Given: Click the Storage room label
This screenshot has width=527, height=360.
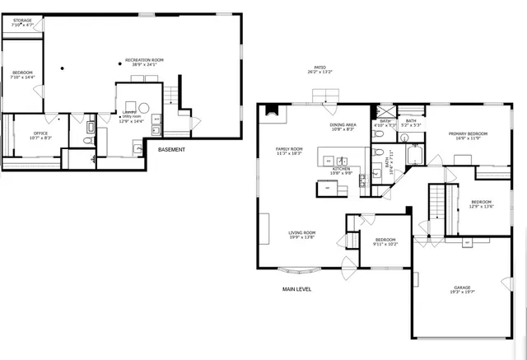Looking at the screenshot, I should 22,22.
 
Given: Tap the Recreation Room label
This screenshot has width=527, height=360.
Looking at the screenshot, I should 144,62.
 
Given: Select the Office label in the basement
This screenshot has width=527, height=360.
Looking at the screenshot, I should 41,135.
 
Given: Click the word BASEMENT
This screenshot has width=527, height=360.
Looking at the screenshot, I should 171,150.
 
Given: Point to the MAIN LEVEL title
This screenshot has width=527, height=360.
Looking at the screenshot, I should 296,289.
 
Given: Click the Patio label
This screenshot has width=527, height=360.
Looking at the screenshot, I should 319,70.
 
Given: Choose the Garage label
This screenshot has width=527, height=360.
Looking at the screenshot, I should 462,289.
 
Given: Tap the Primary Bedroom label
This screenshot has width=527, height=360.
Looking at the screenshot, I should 468,136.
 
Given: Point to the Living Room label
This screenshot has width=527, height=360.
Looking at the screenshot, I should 302,235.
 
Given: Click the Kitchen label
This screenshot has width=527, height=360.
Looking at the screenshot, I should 341,171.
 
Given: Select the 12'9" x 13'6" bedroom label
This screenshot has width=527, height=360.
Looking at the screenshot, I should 481,204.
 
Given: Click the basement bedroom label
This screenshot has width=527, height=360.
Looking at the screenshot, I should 22,75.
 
